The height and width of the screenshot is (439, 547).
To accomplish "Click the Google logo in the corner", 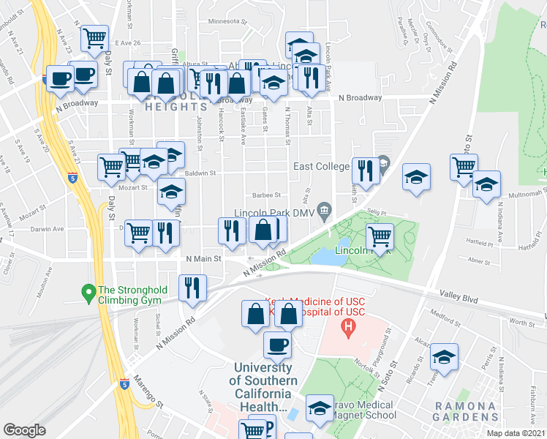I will point(24,429).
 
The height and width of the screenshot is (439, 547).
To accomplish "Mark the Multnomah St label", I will point(527,194).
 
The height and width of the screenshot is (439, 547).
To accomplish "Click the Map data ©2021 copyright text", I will point(516,433).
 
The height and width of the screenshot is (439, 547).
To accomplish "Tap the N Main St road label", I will point(203,258).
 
